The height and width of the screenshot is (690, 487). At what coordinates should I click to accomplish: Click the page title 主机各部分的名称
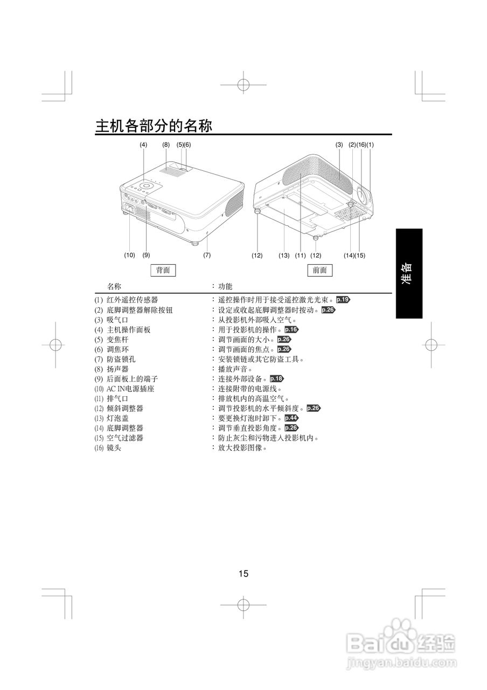tap(154, 126)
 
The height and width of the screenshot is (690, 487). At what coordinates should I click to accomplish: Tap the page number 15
tap(244, 574)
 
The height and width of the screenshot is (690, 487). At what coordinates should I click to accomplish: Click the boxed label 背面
tap(163, 270)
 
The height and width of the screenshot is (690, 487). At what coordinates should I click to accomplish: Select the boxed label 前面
tap(319, 270)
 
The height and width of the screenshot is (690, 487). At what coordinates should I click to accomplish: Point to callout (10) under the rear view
tap(129, 255)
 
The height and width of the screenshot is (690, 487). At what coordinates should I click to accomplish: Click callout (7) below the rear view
tap(207, 255)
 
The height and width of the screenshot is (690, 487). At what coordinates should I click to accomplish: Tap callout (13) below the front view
tap(284, 255)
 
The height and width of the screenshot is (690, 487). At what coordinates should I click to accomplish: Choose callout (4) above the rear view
tap(143, 144)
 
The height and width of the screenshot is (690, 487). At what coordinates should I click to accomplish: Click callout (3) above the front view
tap(339, 144)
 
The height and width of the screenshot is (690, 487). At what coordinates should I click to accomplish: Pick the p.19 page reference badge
tap(344, 299)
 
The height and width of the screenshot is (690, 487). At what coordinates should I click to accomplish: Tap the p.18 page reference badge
tap(276, 378)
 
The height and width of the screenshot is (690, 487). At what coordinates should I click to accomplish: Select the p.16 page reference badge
tap(291, 329)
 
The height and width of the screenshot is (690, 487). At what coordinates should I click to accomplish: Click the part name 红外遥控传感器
tap(132, 300)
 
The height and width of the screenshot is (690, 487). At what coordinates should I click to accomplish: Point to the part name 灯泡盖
tap(117, 418)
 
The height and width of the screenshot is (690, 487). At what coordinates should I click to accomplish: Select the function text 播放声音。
tap(235, 369)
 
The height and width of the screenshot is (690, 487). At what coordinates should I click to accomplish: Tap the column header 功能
tap(225, 286)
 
